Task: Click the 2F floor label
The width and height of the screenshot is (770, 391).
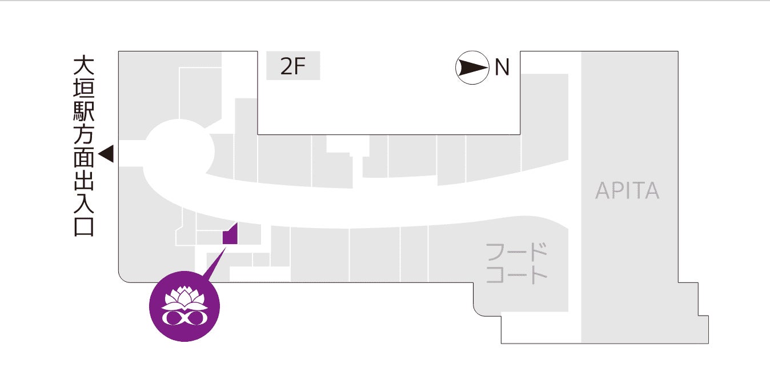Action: pyautogui.click(x=293, y=67)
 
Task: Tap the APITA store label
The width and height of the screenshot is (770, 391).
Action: pyautogui.click(x=627, y=190)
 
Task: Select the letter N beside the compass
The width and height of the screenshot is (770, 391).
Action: pyautogui.click(x=502, y=68)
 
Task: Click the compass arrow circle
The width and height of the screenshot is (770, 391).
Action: pyautogui.click(x=472, y=68)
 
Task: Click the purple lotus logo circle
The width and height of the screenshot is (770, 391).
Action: pyautogui.click(x=184, y=306)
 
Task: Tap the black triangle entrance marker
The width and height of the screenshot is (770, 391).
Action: pyautogui.click(x=107, y=154)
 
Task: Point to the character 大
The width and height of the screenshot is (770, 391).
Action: pyautogui.click(x=83, y=66)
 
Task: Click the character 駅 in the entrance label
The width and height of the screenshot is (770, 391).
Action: pyautogui.click(x=83, y=111)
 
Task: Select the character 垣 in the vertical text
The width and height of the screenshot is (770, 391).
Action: pyautogui.click(x=83, y=89)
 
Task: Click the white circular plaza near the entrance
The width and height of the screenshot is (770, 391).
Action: pyautogui.click(x=178, y=150)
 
